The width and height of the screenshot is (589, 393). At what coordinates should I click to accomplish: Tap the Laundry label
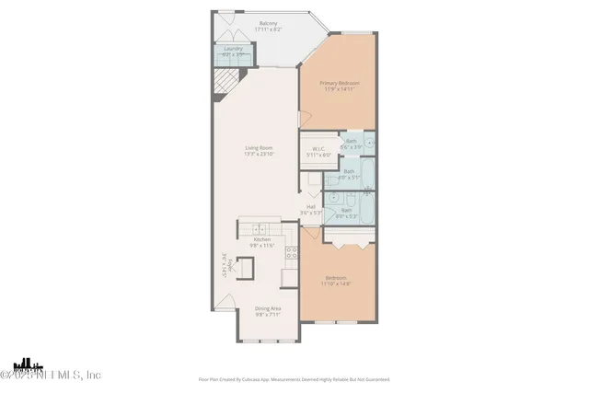pos(234,52)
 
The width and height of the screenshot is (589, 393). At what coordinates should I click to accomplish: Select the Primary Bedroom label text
pos(339,84)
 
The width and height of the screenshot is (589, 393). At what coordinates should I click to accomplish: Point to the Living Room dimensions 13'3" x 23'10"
pos(259,154)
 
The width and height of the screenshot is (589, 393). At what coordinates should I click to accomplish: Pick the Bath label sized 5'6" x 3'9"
pos(352,143)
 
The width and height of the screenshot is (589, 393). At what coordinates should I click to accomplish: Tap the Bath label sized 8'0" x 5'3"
pos(347,212)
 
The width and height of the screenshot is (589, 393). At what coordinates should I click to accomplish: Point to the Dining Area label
pos(268,311)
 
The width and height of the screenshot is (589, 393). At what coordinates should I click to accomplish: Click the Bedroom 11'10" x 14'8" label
pos(335,281)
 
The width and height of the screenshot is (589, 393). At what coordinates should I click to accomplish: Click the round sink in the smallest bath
pos(368,143)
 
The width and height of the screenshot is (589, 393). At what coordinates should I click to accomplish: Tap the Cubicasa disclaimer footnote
pos(294,379)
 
